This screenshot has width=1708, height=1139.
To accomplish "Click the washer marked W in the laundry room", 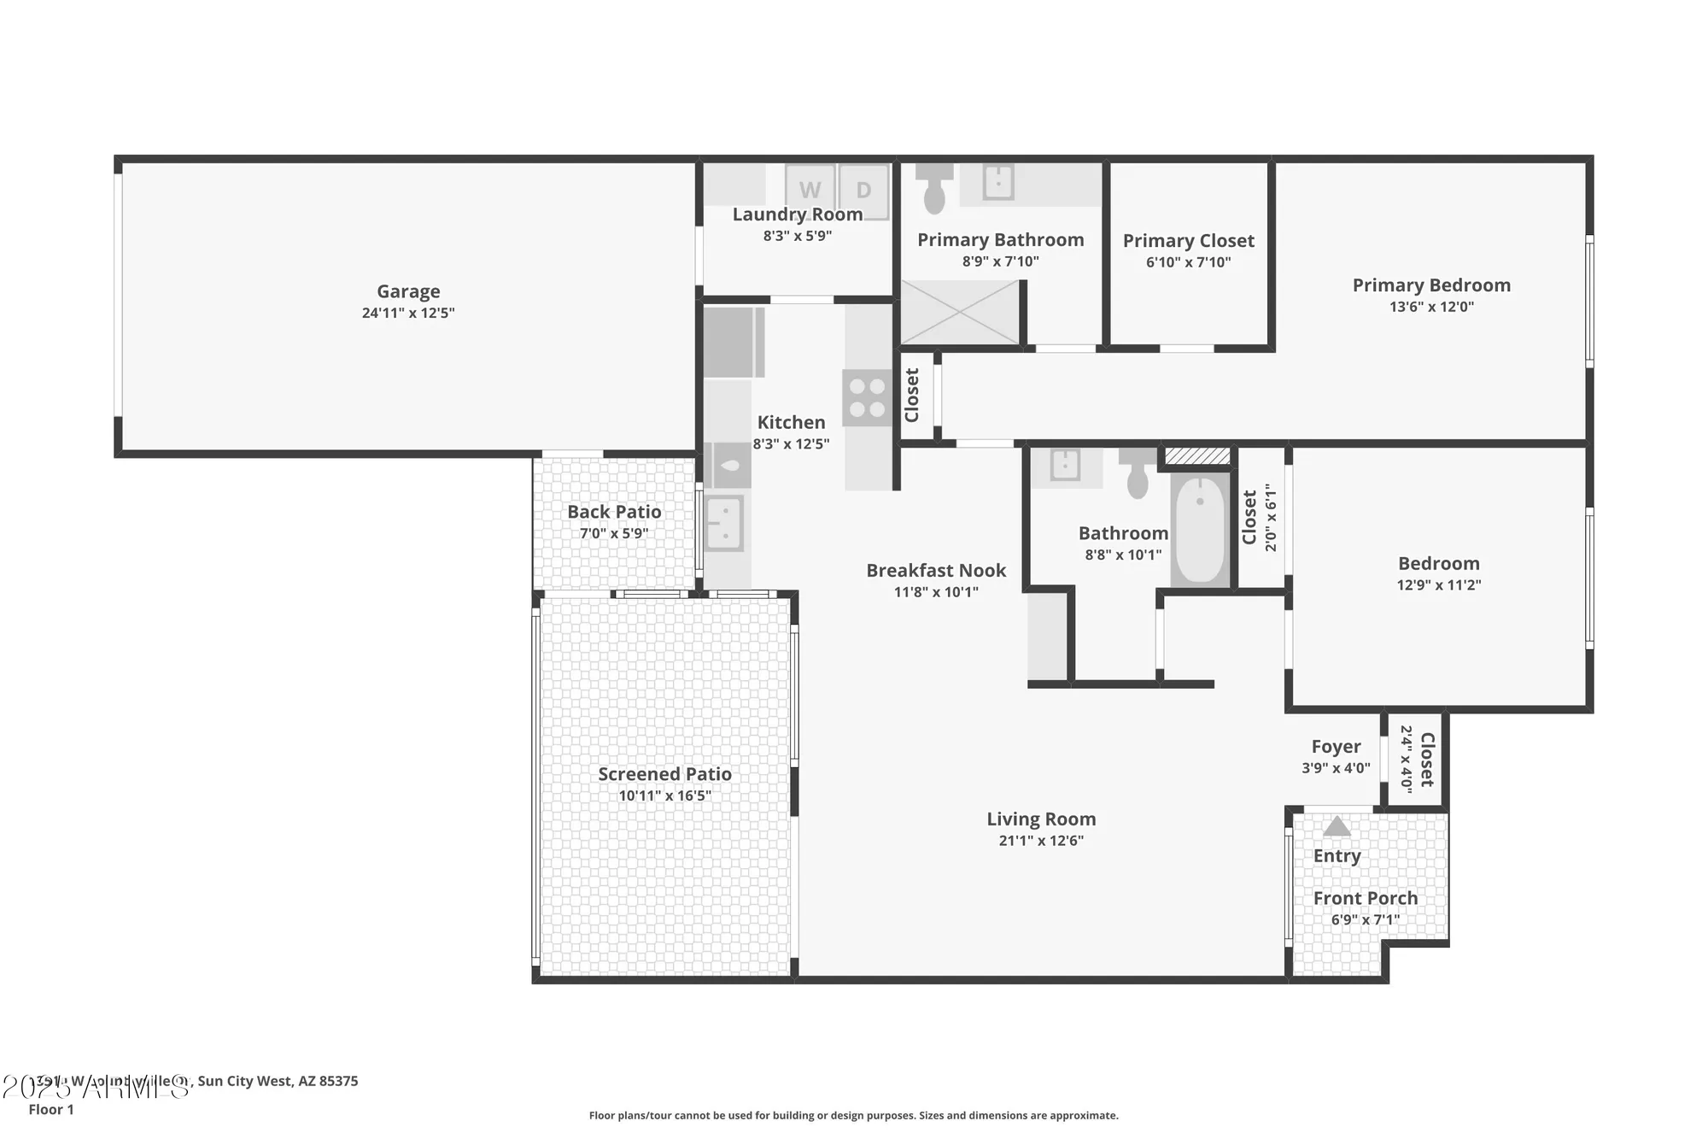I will (x=810, y=190).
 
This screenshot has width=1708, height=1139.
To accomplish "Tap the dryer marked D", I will (x=863, y=190).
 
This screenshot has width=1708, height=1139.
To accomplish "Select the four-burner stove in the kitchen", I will (x=867, y=397).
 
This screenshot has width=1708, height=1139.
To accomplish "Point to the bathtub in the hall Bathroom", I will (x=1199, y=530).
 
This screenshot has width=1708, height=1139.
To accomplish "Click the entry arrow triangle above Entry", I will (x=1337, y=826).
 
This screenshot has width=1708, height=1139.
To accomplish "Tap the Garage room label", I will (x=408, y=291).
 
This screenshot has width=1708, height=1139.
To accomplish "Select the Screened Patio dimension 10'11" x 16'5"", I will (x=664, y=796).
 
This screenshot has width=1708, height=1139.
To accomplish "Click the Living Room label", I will (x=1041, y=819).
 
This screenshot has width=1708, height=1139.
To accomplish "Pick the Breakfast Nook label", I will (x=936, y=570).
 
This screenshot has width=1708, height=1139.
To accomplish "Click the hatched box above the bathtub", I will (x=1197, y=456).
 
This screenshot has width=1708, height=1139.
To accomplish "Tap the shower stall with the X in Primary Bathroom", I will (x=960, y=313).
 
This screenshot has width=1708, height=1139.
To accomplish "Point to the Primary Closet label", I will (x=1188, y=241).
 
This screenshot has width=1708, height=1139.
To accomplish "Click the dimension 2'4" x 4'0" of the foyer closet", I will (x=1406, y=760).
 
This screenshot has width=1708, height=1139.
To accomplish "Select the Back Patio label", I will (x=614, y=512).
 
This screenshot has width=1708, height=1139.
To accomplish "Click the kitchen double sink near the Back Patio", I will (x=724, y=523).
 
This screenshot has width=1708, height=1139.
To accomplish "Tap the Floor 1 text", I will (x=51, y=1109).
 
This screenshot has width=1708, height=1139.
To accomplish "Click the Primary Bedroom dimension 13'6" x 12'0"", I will (x=1431, y=307).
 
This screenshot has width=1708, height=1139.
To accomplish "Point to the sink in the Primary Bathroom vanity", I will (x=997, y=182).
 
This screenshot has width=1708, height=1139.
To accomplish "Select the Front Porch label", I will (x=1365, y=898).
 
